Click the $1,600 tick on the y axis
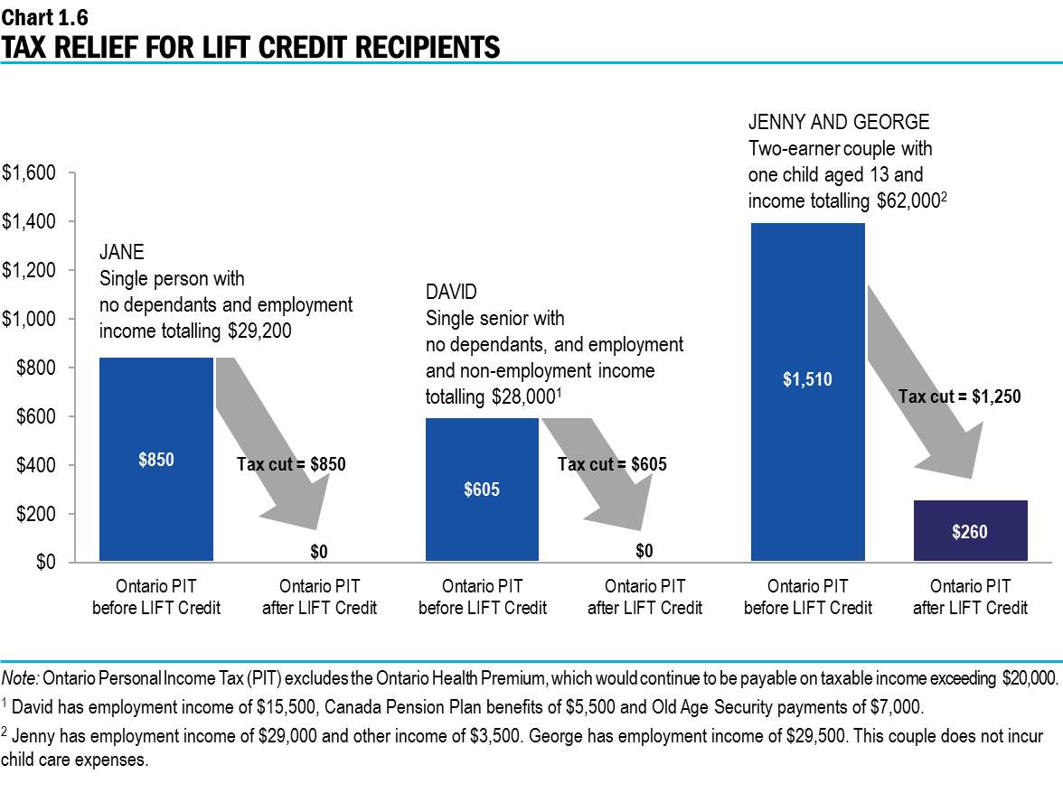[x=30, y=173]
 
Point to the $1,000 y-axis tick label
[x=30, y=319]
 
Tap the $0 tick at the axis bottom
[x=42, y=562]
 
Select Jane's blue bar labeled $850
[x=156, y=459]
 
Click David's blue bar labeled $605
[x=482, y=489]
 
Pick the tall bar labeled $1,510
[x=807, y=379]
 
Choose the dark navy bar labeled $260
[x=970, y=531]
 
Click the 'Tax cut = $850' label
[x=291, y=464]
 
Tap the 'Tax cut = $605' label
[x=612, y=464]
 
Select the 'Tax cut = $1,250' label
[x=959, y=395]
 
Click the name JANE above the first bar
[x=121, y=253]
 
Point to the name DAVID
[x=451, y=292]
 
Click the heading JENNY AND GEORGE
[x=838, y=122]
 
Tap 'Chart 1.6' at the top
[x=44, y=16]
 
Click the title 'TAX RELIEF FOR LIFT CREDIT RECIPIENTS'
[x=250, y=46]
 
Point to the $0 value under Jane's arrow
[x=319, y=550]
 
